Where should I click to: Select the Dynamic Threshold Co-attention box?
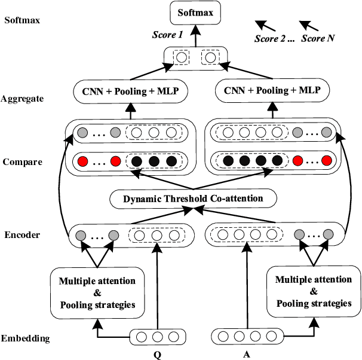point(194,198)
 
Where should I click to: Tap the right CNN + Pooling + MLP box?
point(273,91)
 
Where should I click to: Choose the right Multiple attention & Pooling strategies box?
point(313,292)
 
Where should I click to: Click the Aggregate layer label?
point(23,99)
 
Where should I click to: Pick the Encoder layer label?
point(21,235)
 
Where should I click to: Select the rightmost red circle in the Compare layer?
point(326,161)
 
